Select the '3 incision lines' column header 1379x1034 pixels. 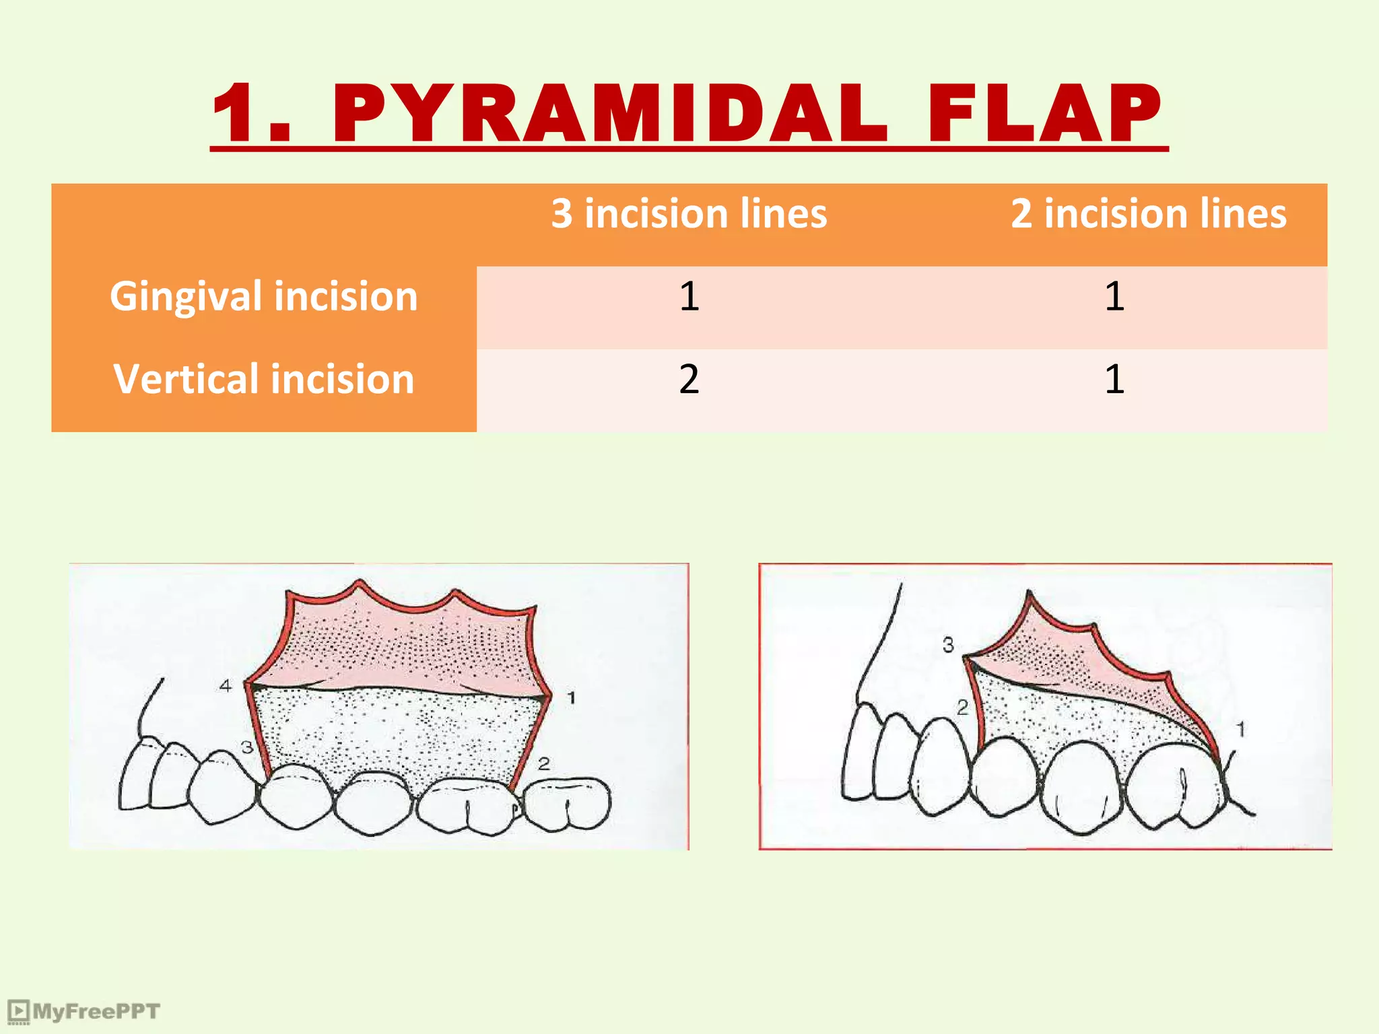tap(689, 214)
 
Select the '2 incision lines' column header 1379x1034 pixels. tap(1148, 214)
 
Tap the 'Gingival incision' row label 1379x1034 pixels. tap(263, 296)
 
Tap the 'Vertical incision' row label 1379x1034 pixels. tap(263, 379)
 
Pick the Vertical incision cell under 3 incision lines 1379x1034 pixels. tap(689, 379)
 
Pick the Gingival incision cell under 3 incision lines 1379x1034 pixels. tap(689, 296)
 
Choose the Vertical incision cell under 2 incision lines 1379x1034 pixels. tap(1114, 379)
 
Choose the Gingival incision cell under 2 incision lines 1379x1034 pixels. tap(1114, 296)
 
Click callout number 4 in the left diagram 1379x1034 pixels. tap(226, 685)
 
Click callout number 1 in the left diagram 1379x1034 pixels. tap(571, 698)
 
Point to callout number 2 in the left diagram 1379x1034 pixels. tap(544, 763)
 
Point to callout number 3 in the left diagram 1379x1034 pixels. tap(247, 747)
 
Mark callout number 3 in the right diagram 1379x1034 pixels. tap(948, 645)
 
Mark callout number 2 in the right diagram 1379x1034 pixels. tap(963, 708)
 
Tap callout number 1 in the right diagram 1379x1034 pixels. tap(1240, 729)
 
